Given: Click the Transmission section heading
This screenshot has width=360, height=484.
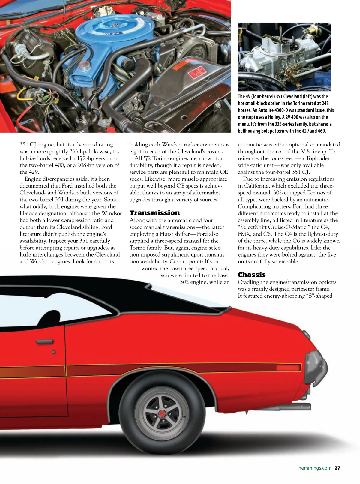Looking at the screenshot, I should coord(154,213).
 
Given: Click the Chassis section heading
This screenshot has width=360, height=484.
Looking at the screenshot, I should coord(252,275).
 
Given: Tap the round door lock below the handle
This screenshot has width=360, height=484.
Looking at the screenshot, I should coord(53,352).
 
